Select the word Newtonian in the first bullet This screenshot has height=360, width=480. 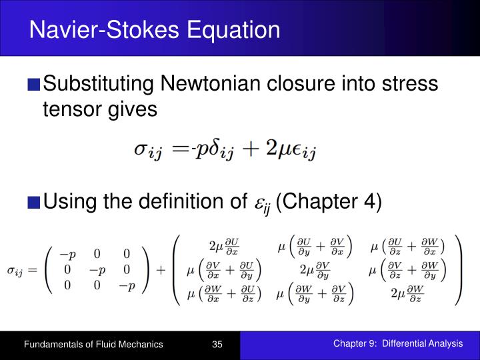[214, 84]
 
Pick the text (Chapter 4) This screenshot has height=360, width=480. [328, 200]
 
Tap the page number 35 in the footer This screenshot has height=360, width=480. [217, 345]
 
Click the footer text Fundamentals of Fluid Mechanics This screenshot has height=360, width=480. [93, 345]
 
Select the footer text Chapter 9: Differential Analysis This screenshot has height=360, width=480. [397, 344]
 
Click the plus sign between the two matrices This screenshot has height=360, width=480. [161, 271]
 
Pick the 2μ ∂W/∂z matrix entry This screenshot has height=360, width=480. [406, 294]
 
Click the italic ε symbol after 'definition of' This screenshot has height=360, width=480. [260, 201]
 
